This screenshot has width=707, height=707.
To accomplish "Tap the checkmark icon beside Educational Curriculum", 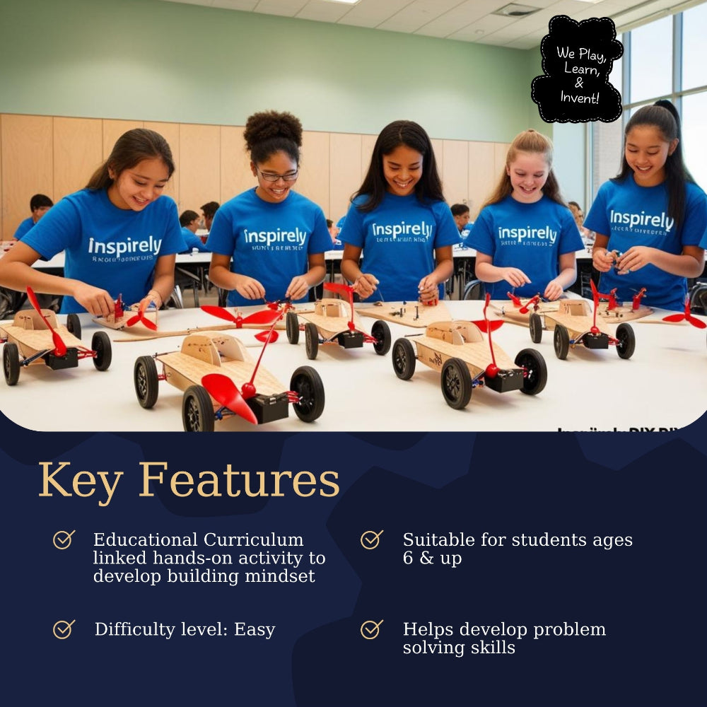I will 64,540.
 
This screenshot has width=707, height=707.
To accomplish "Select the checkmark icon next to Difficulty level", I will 64,629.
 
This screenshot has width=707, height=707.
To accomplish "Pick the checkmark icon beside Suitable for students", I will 371,540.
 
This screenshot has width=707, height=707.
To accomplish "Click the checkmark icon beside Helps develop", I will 371,629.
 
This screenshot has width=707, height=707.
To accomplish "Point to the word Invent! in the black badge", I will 579,98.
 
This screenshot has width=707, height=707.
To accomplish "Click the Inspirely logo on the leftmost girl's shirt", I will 124,246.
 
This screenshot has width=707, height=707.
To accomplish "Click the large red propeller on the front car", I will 228,397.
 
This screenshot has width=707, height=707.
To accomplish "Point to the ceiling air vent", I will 515,10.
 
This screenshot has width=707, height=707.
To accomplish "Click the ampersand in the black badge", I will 579,83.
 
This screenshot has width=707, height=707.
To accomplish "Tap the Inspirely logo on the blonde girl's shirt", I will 527,234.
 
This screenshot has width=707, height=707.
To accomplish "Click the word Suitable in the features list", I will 438,540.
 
